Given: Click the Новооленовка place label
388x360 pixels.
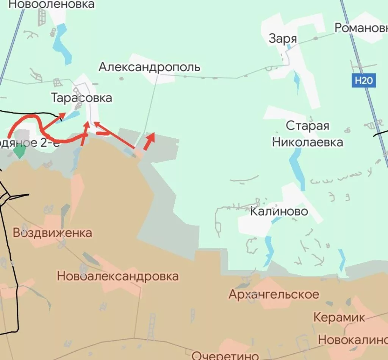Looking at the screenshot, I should [x=51, y=5].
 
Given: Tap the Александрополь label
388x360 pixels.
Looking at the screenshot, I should [x=149, y=67].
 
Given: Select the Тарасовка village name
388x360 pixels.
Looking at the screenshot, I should [x=82, y=98].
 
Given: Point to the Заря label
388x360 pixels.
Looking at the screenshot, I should [x=283, y=39].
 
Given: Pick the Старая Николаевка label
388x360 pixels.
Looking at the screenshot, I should [x=308, y=134].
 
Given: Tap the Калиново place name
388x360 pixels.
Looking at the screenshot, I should [x=279, y=211].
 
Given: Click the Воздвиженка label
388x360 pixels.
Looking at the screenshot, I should [x=52, y=232].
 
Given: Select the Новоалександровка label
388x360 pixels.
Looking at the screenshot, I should [x=118, y=276].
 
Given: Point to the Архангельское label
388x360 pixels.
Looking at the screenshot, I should [x=274, y=294].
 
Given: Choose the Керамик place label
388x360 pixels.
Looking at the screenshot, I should [x=339, y=317].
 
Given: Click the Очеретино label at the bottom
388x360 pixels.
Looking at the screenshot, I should [x=225, y=355].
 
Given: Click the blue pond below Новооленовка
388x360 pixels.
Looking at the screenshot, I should [x=63, y=44].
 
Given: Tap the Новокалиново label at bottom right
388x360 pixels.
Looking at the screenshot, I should [x=353, y=340].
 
